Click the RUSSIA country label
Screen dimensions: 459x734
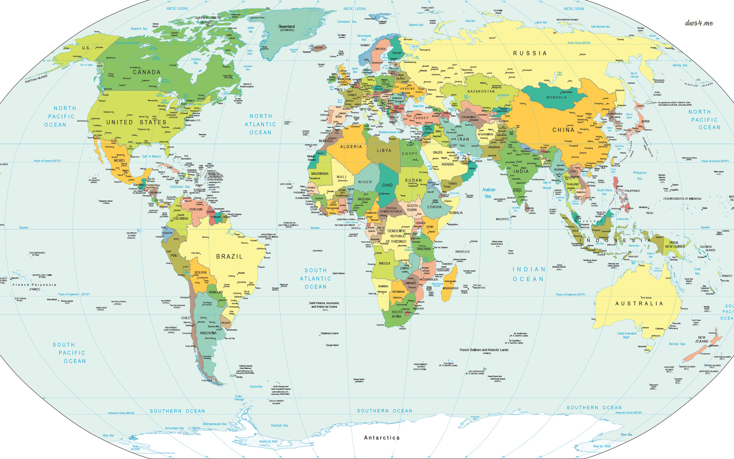pos(530,53)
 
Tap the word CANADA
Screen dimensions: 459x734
pos(146,72)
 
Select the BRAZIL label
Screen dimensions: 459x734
pos(229,257)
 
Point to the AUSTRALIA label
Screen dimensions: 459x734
pos(639,303)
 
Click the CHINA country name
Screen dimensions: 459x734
pos(563,130)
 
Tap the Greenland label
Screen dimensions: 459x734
pos(287,27)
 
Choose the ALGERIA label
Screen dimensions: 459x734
pos(351,147)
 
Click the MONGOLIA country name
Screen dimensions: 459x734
pos(557,97)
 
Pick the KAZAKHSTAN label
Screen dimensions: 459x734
pos(481,91)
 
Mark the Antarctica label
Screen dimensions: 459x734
pos(382,438)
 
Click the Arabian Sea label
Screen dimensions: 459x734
pos(488,193)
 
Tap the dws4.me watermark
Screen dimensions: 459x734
pos(699,23)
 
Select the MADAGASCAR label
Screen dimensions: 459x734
pos(450,288)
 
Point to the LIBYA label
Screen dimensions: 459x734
pos(384,150)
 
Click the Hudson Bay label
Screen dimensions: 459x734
pos(196,61)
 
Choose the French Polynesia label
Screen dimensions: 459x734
pos(35,285)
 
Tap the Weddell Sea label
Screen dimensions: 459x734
pos(279,425)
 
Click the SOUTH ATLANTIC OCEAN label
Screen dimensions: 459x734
pos(315,278)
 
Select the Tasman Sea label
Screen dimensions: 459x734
pos(677,344)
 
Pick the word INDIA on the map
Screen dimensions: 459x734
pos(521,171)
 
